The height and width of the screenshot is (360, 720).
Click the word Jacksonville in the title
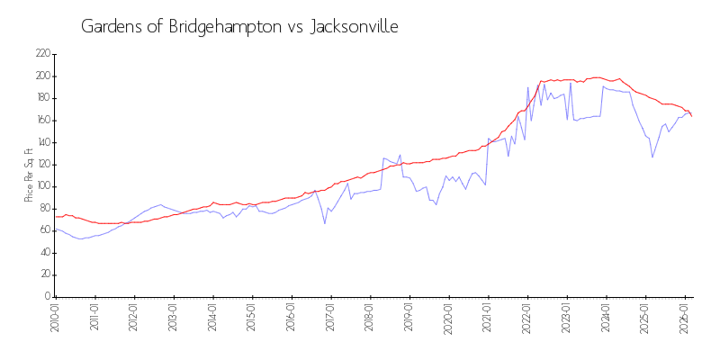click(354, 27)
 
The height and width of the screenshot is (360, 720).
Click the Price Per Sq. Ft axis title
click(29, 175)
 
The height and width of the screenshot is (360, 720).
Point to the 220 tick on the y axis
click(42, 54)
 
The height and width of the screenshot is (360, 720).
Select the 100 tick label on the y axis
click(42, 186)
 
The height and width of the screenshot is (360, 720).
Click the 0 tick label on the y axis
click(46, 296)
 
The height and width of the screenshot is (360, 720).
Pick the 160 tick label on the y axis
click(42, 120)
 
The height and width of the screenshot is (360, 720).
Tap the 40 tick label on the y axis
click(44, 252)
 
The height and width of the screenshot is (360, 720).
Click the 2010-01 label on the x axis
click(55, 319)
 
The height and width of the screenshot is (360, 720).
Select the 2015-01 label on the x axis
click(251, 319)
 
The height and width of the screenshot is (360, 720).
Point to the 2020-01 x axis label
click(448, 319)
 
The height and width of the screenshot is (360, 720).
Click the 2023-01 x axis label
click(566, 319)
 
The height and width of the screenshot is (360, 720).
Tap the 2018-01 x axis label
click(369, 319)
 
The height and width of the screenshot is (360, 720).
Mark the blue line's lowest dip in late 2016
click(325, 223)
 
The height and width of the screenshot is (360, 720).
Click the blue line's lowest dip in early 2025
click(652, 157)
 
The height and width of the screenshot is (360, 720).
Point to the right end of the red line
click(691, 115)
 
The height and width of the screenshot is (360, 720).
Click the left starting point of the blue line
click(55, 229)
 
